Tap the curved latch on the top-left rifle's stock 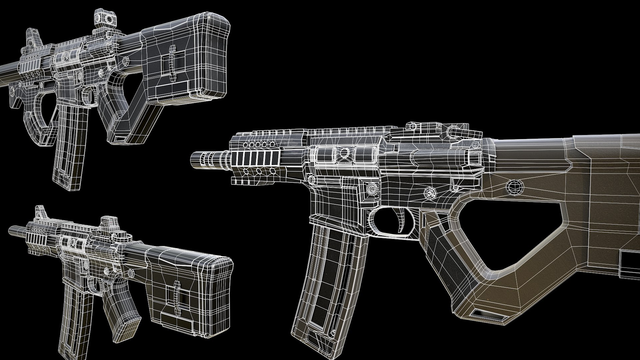(x=172, y=68)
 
